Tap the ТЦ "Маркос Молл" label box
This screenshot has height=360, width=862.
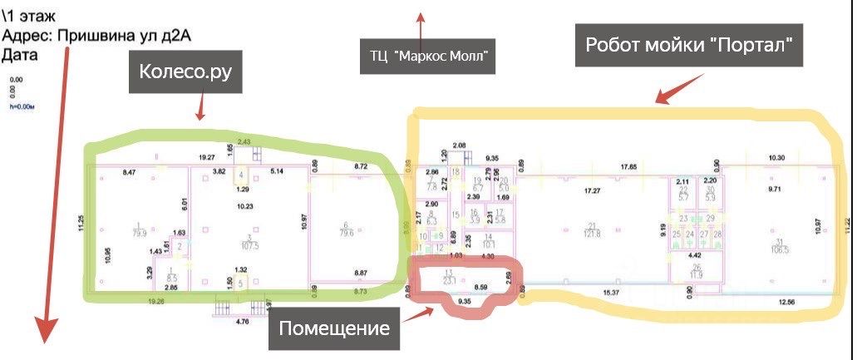(428, 57)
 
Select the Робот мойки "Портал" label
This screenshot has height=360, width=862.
(690, 45)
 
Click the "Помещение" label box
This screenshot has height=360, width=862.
(334, 328)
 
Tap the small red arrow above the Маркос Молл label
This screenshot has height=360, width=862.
(420, 18)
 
